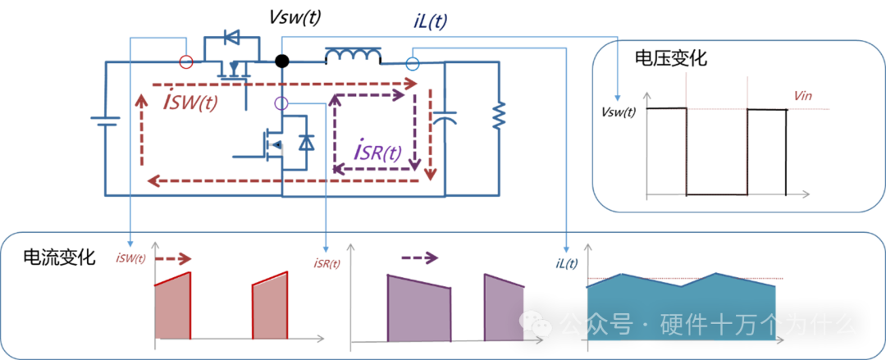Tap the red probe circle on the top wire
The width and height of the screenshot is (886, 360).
click(x=186, y=62)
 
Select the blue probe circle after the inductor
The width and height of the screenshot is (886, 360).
click(x=413, y=63)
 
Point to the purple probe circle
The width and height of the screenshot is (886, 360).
click(x=281, y=103)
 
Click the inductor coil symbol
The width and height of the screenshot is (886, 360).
click(x=353, y=56)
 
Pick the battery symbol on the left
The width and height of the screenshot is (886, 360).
click(x=105, y=121)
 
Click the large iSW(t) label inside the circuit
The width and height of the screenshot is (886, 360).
click(x=190, y=103)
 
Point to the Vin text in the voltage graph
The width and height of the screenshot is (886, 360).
click(x=803, y=96)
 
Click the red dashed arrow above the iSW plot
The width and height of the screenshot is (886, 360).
click(x=173, y=259)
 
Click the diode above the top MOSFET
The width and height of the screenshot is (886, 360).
click(x=232, y=37)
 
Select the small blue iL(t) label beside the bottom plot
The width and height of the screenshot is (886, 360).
click(x=567, y=263)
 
